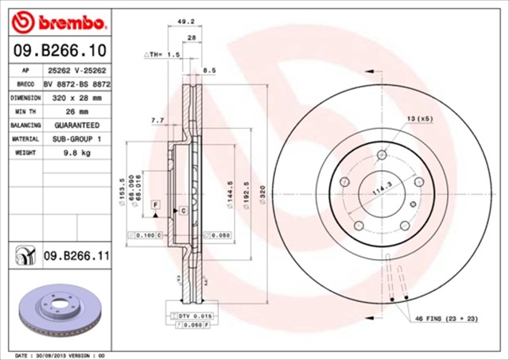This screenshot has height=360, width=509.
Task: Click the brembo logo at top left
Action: click(x=60, y=19)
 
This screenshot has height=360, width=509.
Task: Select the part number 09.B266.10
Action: click(x=60, y=51)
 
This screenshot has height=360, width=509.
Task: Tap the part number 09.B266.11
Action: click(x=76, y=254)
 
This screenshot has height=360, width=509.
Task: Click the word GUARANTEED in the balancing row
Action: click(x=77, y=125)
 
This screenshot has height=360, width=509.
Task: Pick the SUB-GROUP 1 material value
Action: click(x=77, y=138)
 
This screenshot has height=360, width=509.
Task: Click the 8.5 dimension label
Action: click(x=210, y=71)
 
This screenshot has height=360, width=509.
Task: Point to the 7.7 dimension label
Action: click(x=157, y=120)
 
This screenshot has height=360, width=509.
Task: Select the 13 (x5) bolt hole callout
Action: click(x=420, y=118)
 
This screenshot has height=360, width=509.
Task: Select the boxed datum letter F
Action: click(x=156, y=205)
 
